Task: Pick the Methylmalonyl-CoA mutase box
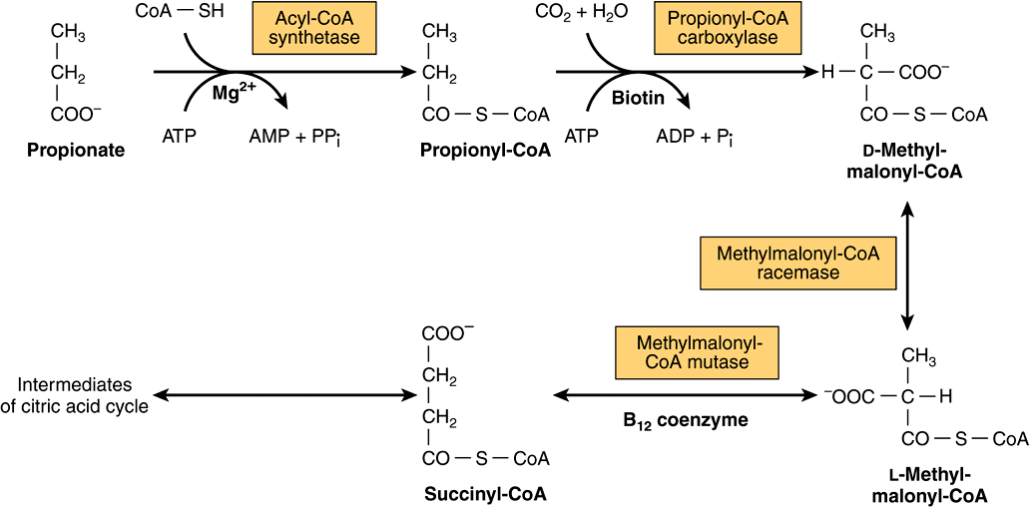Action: (x=694, y=351)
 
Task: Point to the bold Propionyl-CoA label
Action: (x=485, y=151)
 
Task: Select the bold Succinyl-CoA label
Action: (x=485, y=494)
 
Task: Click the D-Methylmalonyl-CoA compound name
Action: (x=907, y=162)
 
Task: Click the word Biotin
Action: (x=638, y=98)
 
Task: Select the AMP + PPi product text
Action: (x=290, y=136)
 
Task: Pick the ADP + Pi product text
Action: (x=694, y=136)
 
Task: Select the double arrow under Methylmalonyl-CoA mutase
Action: (x=684, y=396)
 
